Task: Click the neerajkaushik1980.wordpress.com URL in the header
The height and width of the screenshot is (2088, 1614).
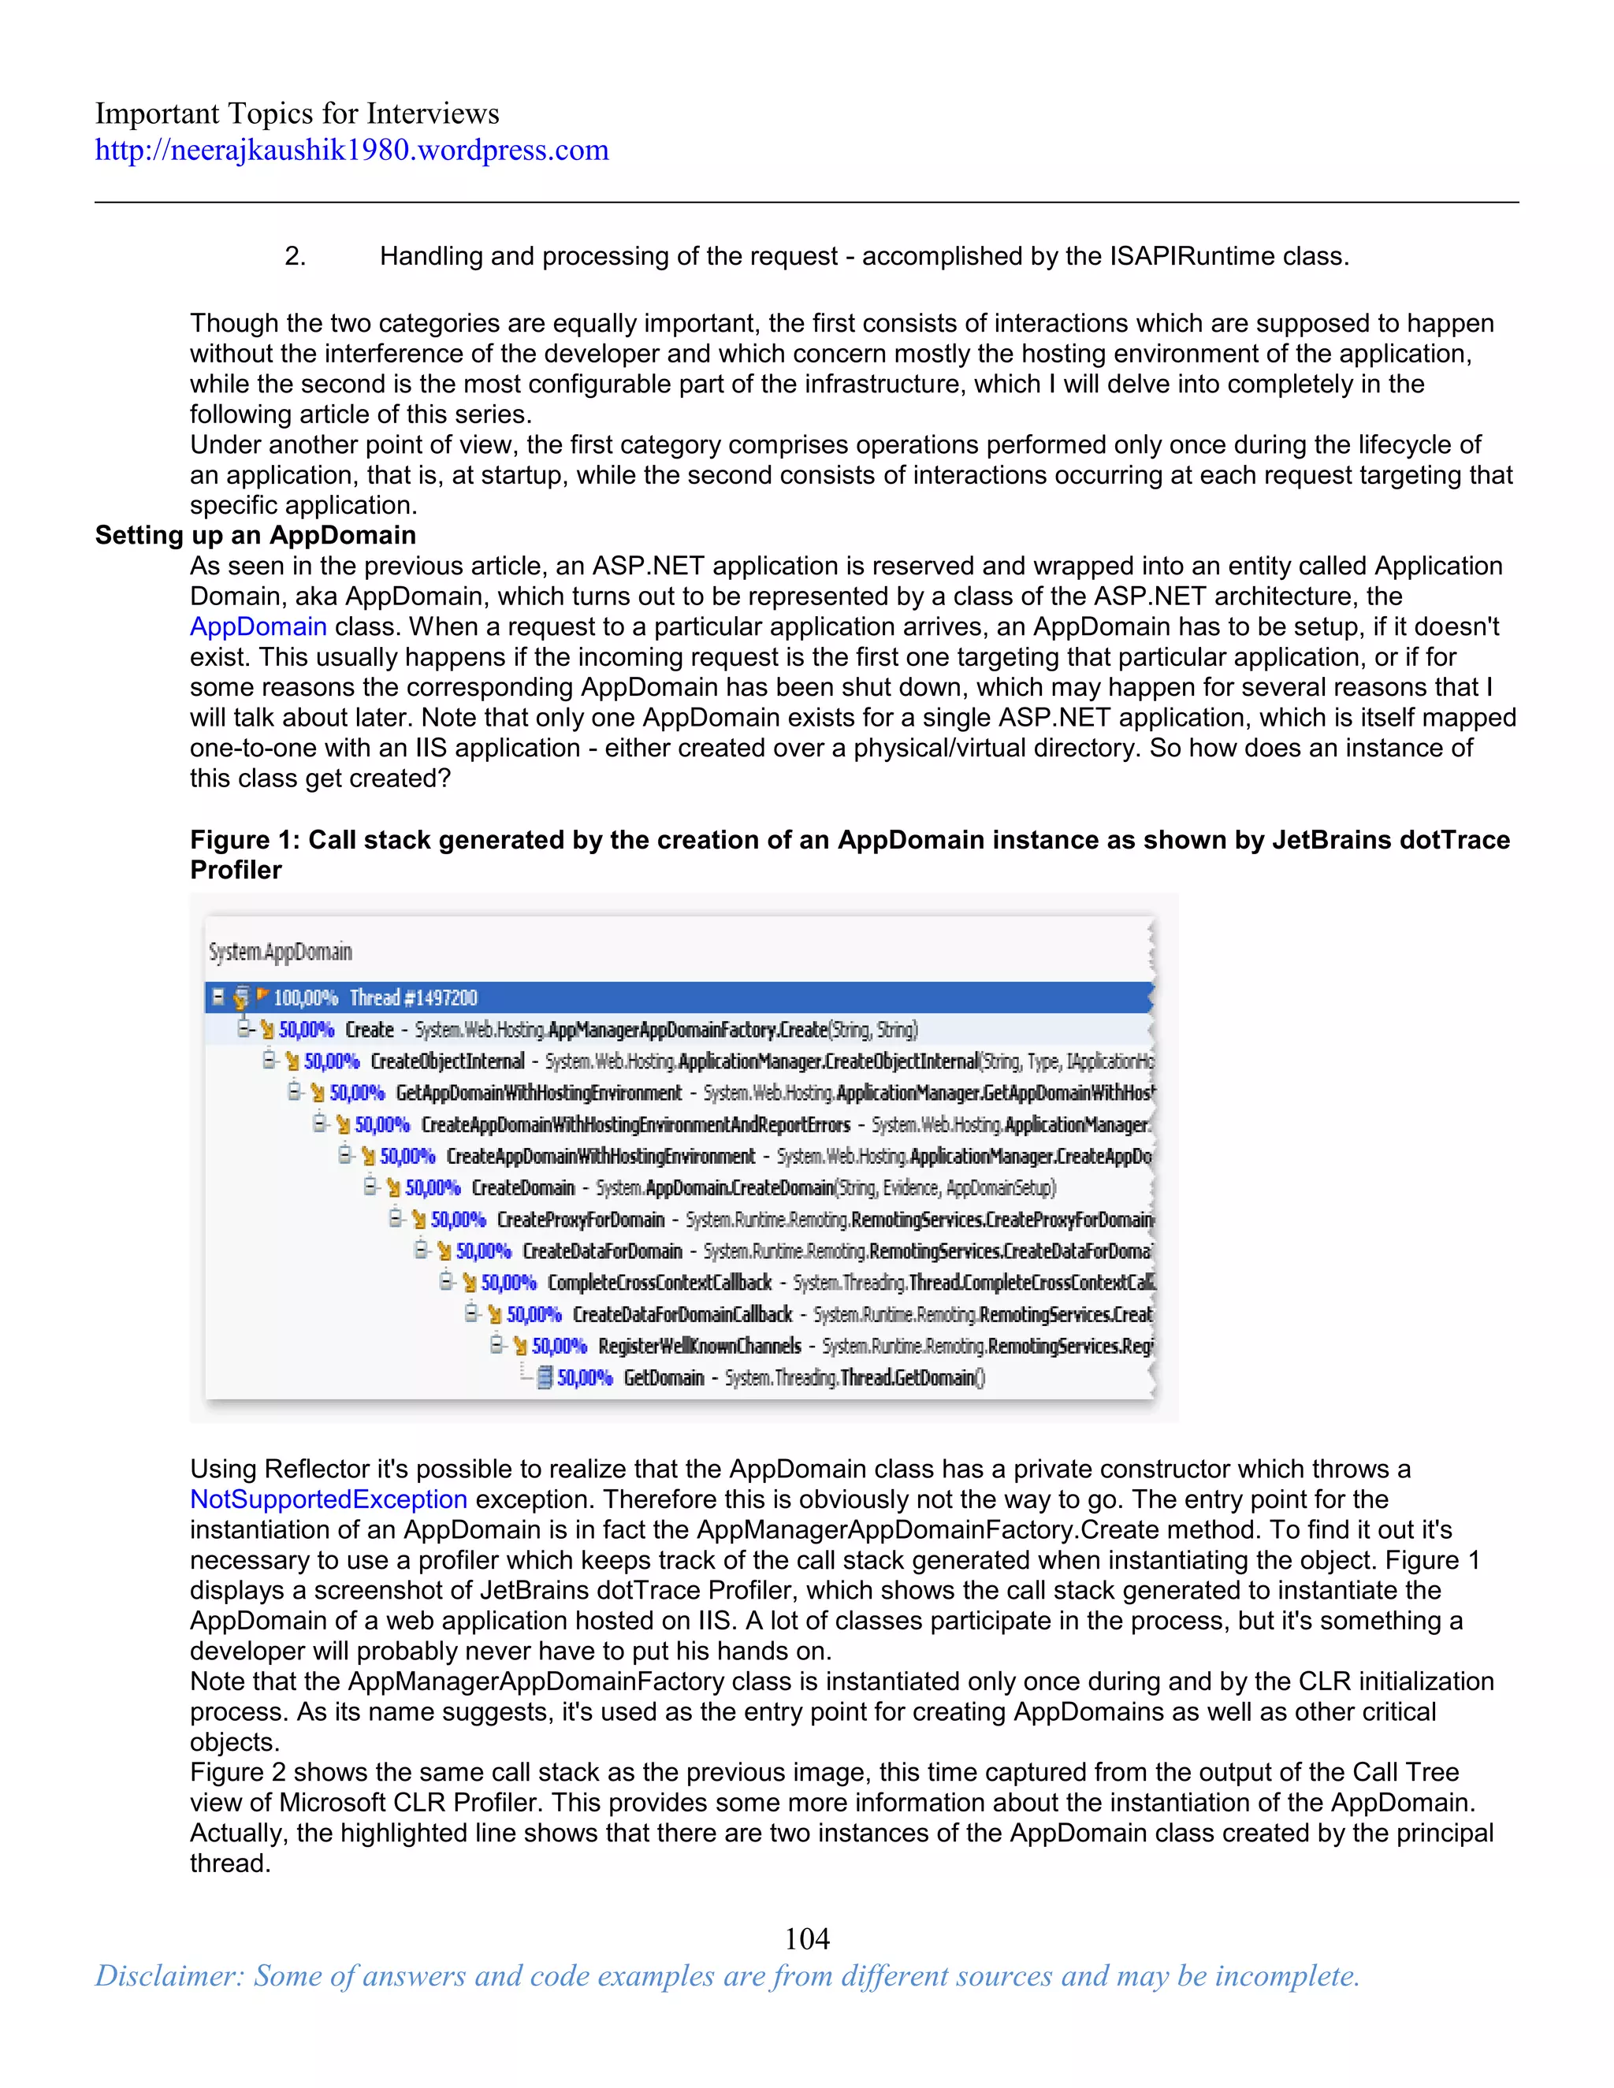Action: coord(351,150)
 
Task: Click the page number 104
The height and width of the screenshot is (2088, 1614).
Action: coord(806,1938)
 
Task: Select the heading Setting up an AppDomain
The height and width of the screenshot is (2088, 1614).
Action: coord(255,535)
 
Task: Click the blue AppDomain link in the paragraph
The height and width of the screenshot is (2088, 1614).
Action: coord(258,627)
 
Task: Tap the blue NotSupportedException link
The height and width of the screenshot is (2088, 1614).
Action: coord(328,1499)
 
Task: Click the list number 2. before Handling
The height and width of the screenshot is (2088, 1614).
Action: coord(296,256)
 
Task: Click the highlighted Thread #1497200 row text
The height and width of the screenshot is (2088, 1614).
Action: coord(413,998)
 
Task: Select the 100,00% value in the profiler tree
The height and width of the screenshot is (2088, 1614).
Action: coord(305,998)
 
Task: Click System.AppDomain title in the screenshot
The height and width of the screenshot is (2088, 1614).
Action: coord(280,953)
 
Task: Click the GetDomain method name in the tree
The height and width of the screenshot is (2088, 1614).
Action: coord(664,1377)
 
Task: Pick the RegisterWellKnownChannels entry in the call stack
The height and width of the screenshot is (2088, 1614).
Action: coord(699,1346)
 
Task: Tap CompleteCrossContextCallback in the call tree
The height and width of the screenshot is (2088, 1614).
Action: coord(659,1283)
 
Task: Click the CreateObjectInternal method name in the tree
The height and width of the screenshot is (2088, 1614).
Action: coord(447,1061)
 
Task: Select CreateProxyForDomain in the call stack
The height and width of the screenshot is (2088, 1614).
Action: coord(579,1220)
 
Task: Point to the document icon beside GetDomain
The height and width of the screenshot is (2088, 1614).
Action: coord(544,1377)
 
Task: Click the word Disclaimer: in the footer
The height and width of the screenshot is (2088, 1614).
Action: coord(169,1976)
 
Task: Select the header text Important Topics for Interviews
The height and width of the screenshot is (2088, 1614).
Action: coord(296,113)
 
